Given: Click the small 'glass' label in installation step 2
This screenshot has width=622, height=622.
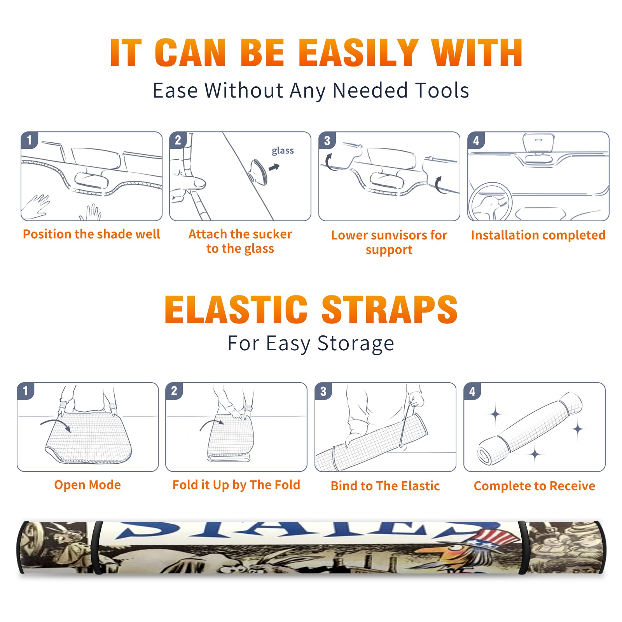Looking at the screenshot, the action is [283, 151].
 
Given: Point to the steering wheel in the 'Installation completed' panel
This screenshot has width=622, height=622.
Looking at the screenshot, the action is [490, 202].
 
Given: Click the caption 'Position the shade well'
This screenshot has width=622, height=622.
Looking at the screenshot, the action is [91, 234].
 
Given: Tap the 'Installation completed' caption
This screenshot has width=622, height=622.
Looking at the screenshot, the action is [538, 235].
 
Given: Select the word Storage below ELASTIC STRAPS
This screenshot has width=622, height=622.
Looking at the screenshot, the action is [356, 344].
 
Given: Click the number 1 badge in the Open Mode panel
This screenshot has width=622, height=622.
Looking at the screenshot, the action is [26, 391].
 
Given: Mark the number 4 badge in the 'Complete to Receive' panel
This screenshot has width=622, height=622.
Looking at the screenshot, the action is [472, 391].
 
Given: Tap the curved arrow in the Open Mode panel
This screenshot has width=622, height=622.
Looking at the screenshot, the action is [56, 425].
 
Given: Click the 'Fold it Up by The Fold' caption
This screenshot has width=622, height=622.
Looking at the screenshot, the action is [236, 485].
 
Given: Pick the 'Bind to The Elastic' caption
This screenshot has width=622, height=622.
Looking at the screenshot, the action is [385, 486].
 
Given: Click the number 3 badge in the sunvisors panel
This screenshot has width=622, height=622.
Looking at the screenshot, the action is [327, 140].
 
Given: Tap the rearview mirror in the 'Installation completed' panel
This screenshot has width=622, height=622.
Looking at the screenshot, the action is [538, 148].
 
